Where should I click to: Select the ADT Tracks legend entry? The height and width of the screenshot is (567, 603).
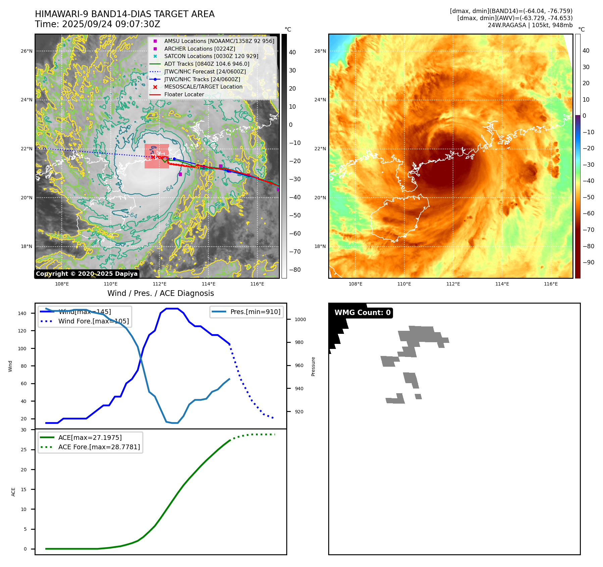tap(207, 64)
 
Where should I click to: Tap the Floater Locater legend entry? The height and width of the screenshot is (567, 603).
tap(184, 95)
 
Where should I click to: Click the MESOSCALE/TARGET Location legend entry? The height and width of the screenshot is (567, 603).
tap(203, 87)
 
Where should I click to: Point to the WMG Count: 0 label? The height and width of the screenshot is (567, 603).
tap(362, 313)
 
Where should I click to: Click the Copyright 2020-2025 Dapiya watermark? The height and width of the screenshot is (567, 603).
tap(87, 274)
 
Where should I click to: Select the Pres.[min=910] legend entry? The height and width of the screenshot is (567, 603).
tap(255, 312)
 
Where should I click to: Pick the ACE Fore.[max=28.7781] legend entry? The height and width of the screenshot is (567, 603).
tap(99, 447)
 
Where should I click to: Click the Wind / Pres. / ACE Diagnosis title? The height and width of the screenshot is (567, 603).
tap(160, 293)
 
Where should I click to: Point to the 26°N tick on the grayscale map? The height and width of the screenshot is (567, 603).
tap(27, 51)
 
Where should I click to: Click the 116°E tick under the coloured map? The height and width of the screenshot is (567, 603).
tap(551, 284)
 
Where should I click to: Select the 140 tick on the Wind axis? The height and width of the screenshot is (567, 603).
tap(22, 313)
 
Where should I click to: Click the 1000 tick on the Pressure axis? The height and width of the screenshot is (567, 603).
tap(300, 319)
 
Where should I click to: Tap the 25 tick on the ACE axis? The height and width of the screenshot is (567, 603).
tap(23, 450)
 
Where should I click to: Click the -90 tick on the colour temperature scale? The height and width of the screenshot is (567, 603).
tap(588, 262)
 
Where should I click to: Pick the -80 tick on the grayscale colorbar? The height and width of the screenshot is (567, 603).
tap(295, 270)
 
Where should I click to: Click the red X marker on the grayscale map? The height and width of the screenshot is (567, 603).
tap(153, 157)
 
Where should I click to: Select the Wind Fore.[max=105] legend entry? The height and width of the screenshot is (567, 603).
tap(93, 321)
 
